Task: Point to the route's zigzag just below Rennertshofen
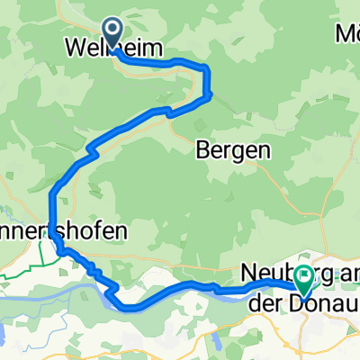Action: point(85,263)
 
